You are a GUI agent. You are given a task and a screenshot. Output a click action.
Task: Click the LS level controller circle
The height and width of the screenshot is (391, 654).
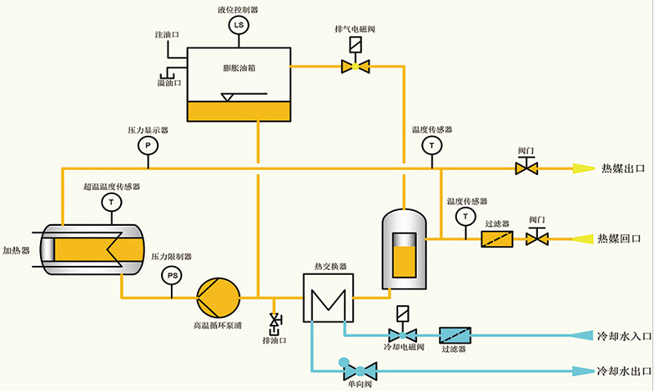tap(239, 25)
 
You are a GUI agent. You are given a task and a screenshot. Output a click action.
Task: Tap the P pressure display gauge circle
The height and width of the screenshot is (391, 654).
tap(147, 146)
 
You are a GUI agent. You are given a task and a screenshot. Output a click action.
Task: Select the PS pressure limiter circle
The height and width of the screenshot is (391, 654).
tap(172, 276)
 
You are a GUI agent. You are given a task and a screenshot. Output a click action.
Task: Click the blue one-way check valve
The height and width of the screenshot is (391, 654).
tap(354, 371)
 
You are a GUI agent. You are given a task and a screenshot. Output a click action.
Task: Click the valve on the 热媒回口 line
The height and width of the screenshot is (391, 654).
tap(537, 239)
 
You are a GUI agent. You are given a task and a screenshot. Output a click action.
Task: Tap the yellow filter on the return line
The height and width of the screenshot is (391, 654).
tap(497, 239)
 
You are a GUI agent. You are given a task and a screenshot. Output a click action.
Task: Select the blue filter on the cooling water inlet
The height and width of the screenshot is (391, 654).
tap(455, 335)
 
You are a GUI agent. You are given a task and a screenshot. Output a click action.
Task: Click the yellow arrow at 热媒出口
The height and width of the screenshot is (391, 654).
tap(583, 169)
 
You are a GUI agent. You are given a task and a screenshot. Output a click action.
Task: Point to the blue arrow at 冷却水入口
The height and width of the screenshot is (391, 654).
tap(582, 335)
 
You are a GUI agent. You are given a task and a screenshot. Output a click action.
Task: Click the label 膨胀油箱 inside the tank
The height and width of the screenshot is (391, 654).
tap(239, 68)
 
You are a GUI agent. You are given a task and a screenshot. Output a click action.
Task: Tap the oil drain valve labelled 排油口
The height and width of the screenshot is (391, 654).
tap(275, 321)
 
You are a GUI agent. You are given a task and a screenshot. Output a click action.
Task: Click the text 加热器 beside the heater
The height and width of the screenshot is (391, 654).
tap(16, 250)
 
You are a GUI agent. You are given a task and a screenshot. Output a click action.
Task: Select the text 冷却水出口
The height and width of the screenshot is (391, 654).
tap(622, 371)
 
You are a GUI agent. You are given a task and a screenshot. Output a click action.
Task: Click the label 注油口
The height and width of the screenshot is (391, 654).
tap(168, 36)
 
